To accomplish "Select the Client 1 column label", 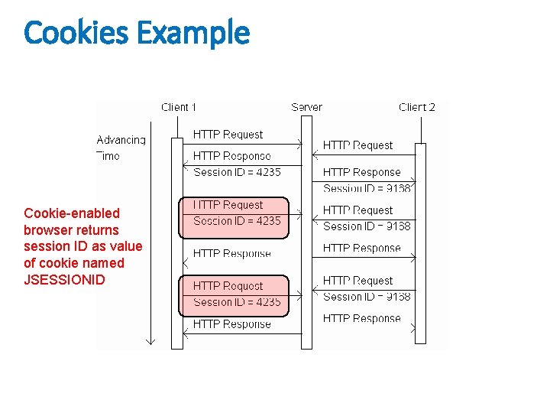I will [179, 107].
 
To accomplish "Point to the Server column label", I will [306, 107].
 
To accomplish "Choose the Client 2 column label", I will [417, 107].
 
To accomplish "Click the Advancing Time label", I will [121, 148].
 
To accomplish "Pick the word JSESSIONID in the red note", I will [64, 279].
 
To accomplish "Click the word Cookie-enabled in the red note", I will [72, 213].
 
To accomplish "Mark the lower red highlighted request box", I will [234, 295].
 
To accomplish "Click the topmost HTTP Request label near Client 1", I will [228, 135].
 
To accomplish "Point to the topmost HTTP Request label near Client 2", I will [357, 145].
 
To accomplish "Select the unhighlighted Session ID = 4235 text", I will [237, 172].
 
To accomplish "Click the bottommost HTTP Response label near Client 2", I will [361, 318].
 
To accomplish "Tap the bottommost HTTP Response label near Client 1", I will [231, 324].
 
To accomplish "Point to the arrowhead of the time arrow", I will [150, 341].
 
